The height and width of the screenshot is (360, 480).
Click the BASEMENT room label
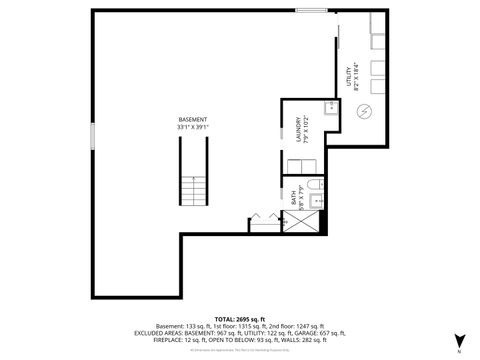(x=194, y=119)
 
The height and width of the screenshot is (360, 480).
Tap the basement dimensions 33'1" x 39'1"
(x=194, y=127)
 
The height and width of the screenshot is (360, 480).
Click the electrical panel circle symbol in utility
(x=365, y=110)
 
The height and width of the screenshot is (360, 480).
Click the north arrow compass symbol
(x=458, y=342)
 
